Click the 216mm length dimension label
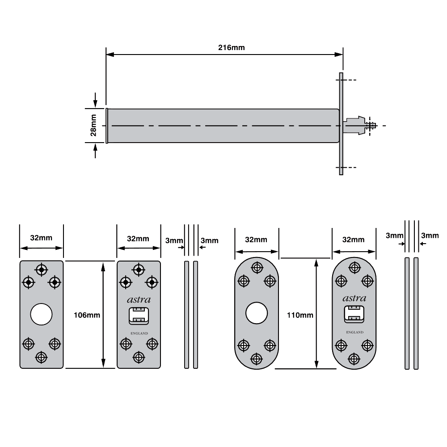point(231,47)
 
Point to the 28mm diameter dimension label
point(93,125)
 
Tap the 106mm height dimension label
point(87,315)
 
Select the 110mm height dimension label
point(300,315)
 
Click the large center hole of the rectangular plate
point(41,314)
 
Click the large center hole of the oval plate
point(257,313)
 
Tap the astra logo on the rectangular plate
point(139,299)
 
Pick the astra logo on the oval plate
point(354,298)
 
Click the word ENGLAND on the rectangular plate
point(139,333)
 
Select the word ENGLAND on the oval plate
point(354,332)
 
